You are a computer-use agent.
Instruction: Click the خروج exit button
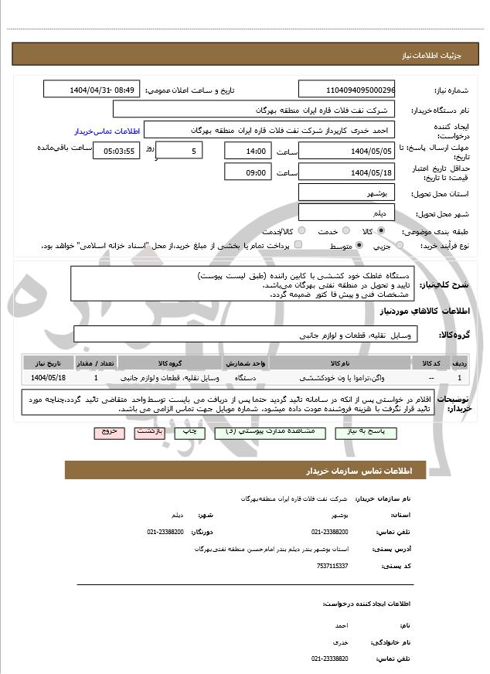109,434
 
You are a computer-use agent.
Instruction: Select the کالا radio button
381,231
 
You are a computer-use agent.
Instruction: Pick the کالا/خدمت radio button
301,231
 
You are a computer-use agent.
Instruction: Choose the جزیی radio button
400,246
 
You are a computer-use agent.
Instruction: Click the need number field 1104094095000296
346,90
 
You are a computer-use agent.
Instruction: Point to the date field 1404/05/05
346,151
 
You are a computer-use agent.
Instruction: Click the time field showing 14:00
248,151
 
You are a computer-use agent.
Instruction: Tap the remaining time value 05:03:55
116,151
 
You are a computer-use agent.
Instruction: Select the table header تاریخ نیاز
49,363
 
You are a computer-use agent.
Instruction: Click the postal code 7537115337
332,566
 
